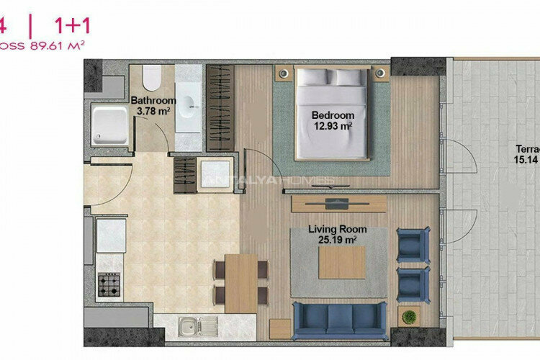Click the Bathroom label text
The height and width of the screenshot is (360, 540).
tap(153, 100)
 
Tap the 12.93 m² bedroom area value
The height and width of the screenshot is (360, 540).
tap(332, 126)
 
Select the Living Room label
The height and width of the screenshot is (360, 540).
tap(337, 229)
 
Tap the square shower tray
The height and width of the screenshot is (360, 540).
tap(109, 124)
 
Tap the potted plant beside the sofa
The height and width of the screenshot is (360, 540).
tap(410, 317)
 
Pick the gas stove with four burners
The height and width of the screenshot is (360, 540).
tap(109, 285)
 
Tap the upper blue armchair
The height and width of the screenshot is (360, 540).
tap(413, 245)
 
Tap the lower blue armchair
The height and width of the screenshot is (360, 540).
tap(413, 284)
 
